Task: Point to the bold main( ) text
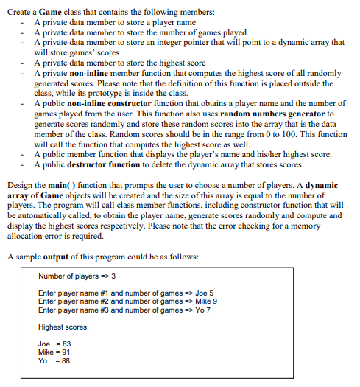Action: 59,182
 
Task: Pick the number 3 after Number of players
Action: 113,276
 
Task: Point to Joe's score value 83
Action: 66,343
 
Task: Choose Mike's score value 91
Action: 66,351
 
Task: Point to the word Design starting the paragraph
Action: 18,182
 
